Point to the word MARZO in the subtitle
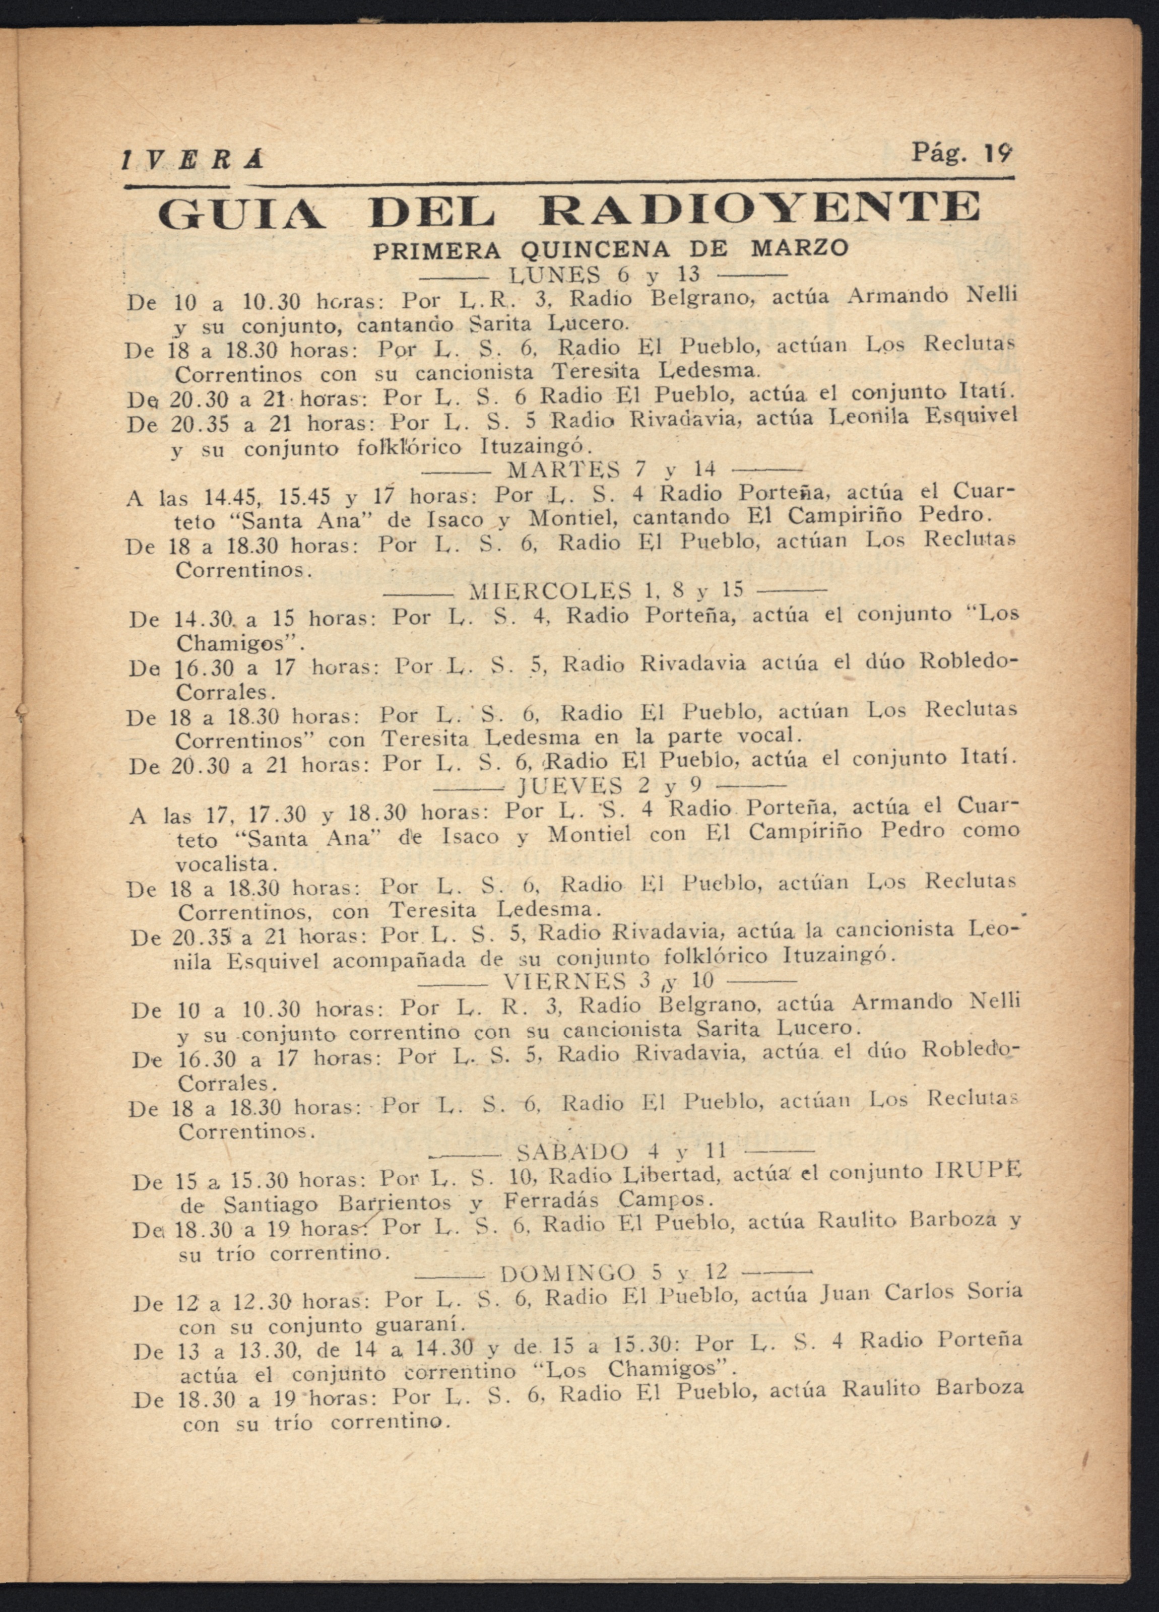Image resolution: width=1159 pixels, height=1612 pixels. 800,248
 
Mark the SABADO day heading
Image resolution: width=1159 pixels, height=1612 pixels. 572,1152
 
